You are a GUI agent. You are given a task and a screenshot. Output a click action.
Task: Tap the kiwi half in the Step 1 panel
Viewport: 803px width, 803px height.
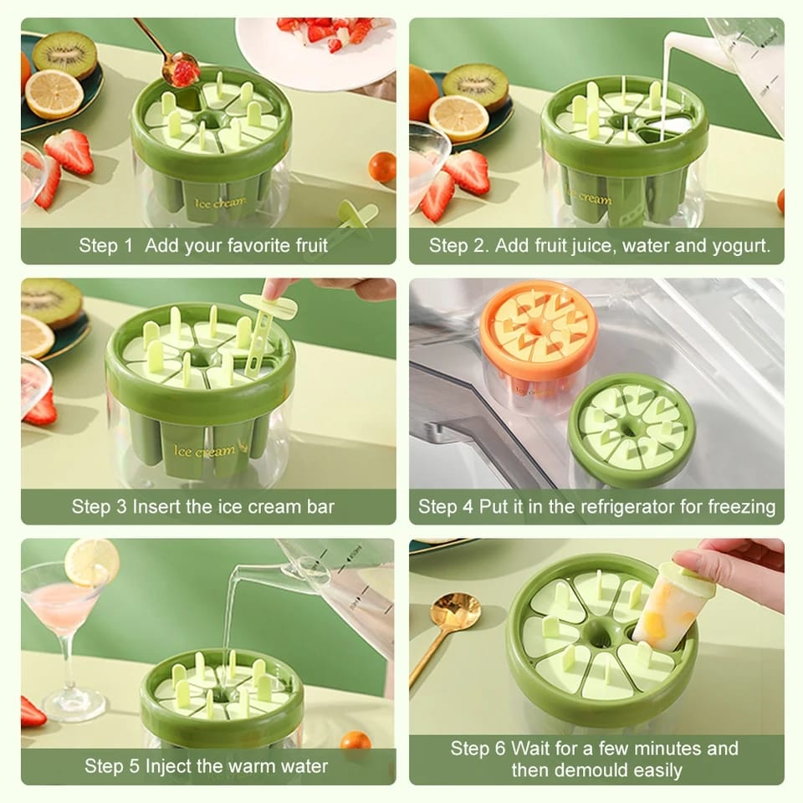click(64, 54)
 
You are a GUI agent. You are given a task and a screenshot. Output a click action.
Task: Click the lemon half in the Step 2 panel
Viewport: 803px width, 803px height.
click(458, 118)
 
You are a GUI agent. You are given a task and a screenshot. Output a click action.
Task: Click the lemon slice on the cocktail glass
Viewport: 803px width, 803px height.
click(92, 563)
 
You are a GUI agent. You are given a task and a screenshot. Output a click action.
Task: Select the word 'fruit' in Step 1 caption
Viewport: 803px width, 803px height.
click(307, 246)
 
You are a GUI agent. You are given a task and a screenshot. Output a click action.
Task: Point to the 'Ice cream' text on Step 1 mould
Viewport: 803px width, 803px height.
click(220, 202)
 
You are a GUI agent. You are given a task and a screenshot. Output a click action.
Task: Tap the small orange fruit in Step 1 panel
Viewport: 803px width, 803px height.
click(382, 166)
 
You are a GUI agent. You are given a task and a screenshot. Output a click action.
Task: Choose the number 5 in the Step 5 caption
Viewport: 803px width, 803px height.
click(134, 767)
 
